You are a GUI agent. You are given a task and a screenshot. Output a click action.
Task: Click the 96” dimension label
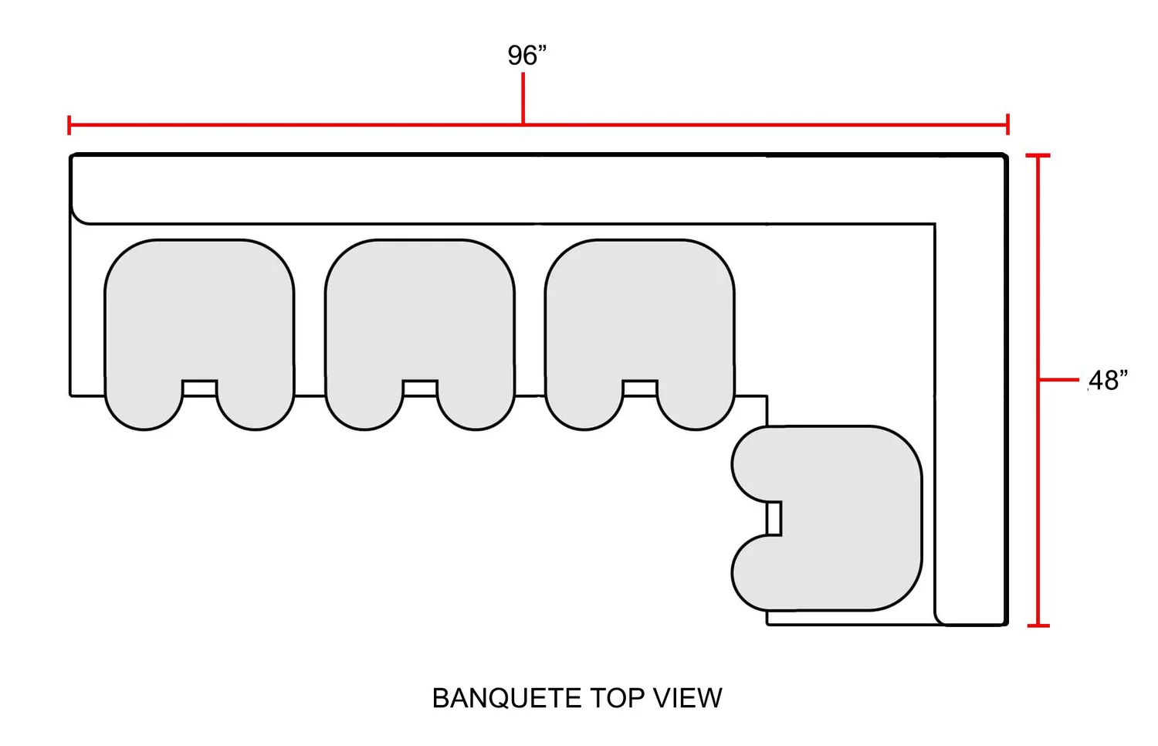point(527,56)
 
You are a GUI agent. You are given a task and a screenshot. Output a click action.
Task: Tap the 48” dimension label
point(1108,380)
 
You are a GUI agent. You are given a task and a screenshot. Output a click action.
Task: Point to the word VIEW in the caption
point(688,698)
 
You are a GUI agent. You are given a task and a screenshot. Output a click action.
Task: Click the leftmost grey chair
point(199,317)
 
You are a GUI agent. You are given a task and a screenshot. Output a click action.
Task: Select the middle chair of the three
point(420,317)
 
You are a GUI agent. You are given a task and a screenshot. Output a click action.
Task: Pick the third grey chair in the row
point(640,317)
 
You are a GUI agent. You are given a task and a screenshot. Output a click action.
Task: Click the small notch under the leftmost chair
point(200,388)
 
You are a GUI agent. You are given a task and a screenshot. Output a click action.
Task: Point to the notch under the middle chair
point(420,388)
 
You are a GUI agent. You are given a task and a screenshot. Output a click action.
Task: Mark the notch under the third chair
point(640,388)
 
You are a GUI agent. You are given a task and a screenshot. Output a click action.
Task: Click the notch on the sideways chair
point(774,518)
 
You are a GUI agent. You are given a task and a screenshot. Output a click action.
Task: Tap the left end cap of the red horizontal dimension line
point(69,124)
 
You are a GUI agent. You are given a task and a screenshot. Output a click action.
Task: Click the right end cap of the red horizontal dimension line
point(1007,124)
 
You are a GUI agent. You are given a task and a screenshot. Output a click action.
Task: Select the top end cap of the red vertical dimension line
point(1038,155)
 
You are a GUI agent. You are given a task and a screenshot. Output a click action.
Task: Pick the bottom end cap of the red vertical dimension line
point(1038,625)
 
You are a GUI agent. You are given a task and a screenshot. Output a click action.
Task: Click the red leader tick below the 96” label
point(523,98)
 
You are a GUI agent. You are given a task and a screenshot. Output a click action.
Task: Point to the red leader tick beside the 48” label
point(1059,380)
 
